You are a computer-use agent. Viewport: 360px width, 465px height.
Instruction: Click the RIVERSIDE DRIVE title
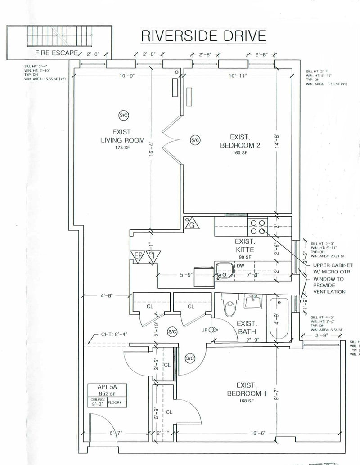point(203,35)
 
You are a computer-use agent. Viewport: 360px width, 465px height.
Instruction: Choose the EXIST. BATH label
point(247,327)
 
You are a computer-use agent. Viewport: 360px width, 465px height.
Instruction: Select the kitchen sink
point(222,270)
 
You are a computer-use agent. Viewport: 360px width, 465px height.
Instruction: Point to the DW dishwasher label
point(241,266)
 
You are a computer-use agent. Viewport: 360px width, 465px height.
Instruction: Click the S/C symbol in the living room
point(123,115)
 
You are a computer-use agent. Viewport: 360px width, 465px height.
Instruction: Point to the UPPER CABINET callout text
point(335,268)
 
